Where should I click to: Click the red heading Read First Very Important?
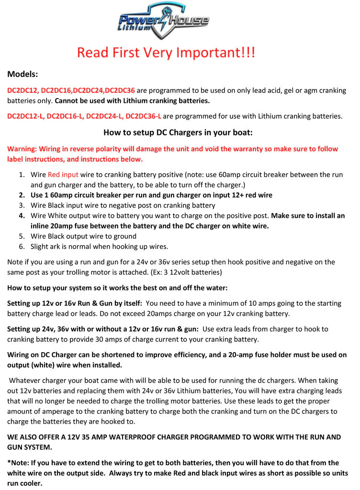click(x=166, y=52)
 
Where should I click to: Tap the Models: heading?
click(x=22, y=75)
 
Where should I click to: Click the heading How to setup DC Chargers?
click(x=178, y=132)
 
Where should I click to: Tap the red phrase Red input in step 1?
click(x=63, y=175)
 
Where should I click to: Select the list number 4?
click(x=22, y=216)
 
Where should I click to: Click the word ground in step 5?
click(x=125, y=236)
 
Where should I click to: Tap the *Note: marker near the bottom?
click(x=19, y=463)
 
